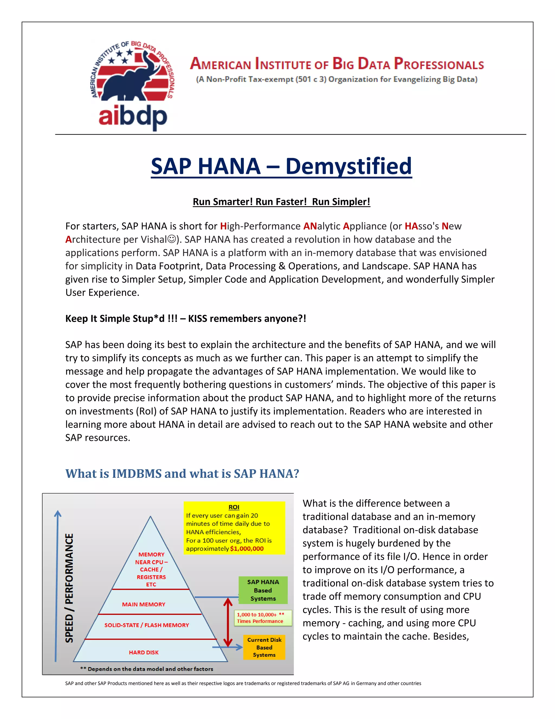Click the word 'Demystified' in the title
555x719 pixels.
click(348, 166)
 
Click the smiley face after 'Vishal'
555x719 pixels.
click(171, 239)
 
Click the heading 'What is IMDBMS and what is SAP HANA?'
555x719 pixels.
click(182, 473)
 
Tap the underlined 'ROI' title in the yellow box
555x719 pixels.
click(234, 507)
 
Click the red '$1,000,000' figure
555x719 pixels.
click(247, 548)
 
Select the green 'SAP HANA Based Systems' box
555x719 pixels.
click(263, 590)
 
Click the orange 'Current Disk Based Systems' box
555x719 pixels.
click(264, 647)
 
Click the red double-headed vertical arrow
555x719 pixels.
click(228, 622)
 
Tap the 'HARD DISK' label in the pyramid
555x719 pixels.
click(144, 652)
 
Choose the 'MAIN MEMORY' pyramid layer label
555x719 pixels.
click(144, 604)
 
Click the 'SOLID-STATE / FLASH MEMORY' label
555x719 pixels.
click(147, 625)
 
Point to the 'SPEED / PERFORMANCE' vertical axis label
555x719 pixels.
click(69, 588)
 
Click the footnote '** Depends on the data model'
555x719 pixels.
click(147, 669)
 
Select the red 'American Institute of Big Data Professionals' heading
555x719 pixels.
click(337, 64)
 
